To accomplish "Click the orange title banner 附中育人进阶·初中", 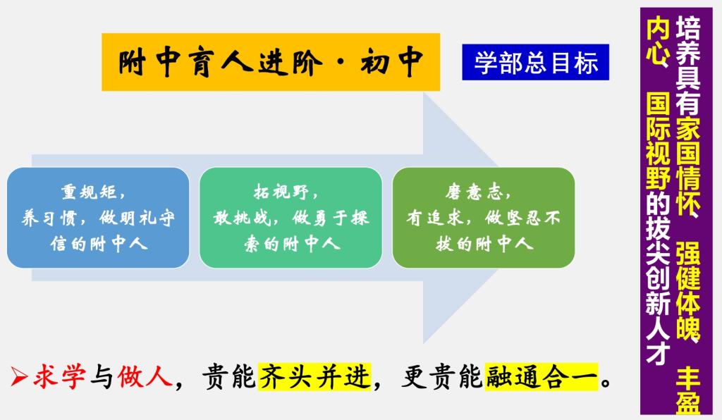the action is (271, 62).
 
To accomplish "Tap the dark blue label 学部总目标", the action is (536, 62).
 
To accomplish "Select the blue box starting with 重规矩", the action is (98, 218).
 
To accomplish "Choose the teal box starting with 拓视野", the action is (290, 218).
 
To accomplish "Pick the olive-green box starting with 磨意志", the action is (484, 218).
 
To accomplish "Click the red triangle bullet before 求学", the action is (19, 377).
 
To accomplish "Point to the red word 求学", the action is (59, 376).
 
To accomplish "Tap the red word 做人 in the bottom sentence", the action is (145, 376).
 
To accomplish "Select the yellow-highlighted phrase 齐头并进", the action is (314, 376).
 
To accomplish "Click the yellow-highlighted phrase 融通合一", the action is (541, 376).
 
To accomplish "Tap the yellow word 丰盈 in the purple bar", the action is (688, 390).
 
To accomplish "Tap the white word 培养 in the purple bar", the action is (688, 38).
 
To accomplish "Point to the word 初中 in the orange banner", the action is (392, 61).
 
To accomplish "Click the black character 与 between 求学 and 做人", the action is (102, 377).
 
